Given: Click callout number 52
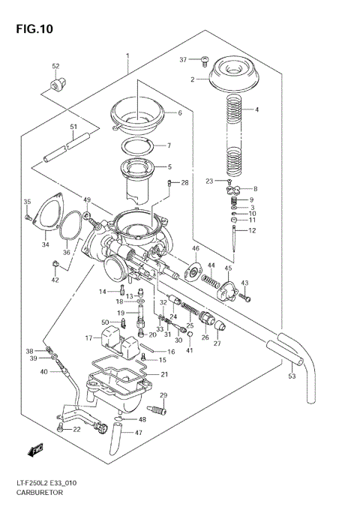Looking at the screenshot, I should pos(55,67).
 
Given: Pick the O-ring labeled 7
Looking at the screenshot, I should pos(140,145).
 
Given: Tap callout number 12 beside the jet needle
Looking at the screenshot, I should pos(252,230).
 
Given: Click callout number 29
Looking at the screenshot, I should pos(163,395).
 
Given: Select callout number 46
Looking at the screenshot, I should pos(196,248).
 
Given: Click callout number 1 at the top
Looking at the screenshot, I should pos(127,55).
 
